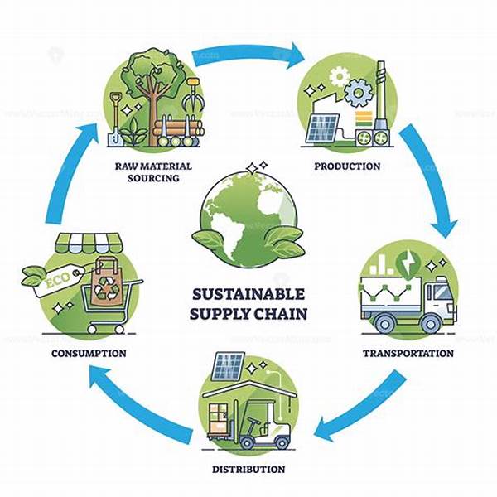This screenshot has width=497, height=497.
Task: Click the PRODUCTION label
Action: pyautogui.click(x=347, y=166)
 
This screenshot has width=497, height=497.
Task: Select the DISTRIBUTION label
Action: pyautogui.click(x=248, y=469)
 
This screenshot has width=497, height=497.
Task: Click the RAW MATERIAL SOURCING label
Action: pyautogui.click(x=153, y=171)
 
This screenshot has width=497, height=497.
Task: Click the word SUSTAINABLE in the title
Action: pyautogui.click(x=248, y=294)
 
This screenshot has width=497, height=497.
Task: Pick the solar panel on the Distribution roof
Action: pyautogui.click(x=228, y=365)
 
